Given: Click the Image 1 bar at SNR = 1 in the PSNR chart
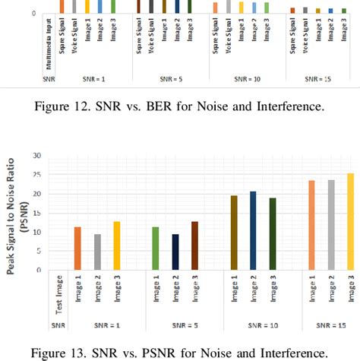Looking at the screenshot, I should (x=77, y=249).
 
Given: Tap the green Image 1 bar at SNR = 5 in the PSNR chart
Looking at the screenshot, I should (x=156, y=249).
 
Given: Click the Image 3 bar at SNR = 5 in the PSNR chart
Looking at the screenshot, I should (x=195, y=245).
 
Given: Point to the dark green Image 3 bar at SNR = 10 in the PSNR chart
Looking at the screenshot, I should (x=273, y=233).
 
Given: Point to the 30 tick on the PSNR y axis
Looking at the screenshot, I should (x=36, y=155).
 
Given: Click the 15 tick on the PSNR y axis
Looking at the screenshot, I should (x=36, y=213).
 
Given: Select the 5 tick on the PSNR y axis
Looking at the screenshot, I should (x=38, y=251).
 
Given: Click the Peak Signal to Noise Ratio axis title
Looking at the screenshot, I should (x=14, y=211).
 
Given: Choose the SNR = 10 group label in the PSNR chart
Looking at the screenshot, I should (x=253, y=325).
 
